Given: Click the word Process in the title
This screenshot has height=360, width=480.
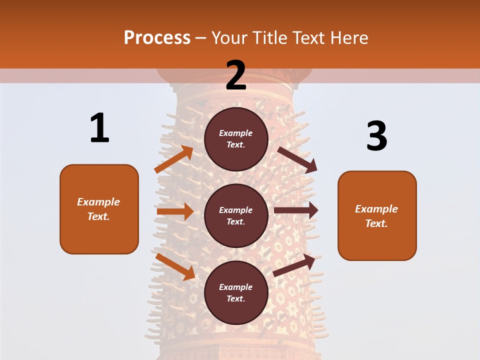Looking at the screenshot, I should tap(157, 38).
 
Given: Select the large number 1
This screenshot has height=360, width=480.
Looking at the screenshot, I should tap(99, 128).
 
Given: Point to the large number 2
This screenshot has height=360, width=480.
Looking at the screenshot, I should tap(236, 75).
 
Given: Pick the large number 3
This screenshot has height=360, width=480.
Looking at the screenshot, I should tap(376, 136).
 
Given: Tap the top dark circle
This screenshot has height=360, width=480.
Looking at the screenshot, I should tap(236, 139).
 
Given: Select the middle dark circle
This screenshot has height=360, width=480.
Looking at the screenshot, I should tap(236, 215).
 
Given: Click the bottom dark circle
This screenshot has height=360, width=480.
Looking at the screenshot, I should tap(236, 292).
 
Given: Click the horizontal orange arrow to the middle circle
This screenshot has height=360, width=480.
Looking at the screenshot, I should tap(175, 211).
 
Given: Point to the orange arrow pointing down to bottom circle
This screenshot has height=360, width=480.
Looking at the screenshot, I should tap(175, 266).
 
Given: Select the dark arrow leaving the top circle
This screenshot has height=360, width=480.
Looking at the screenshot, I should tap(297, 160).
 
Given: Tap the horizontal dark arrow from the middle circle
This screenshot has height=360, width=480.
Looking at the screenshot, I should tap(296, 210).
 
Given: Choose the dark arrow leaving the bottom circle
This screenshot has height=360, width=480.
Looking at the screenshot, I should tap(294, 265).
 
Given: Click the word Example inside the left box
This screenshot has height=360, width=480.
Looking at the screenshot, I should tap(98, 202).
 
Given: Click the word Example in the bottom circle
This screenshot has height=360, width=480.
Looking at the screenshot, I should tap(236, 287).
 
